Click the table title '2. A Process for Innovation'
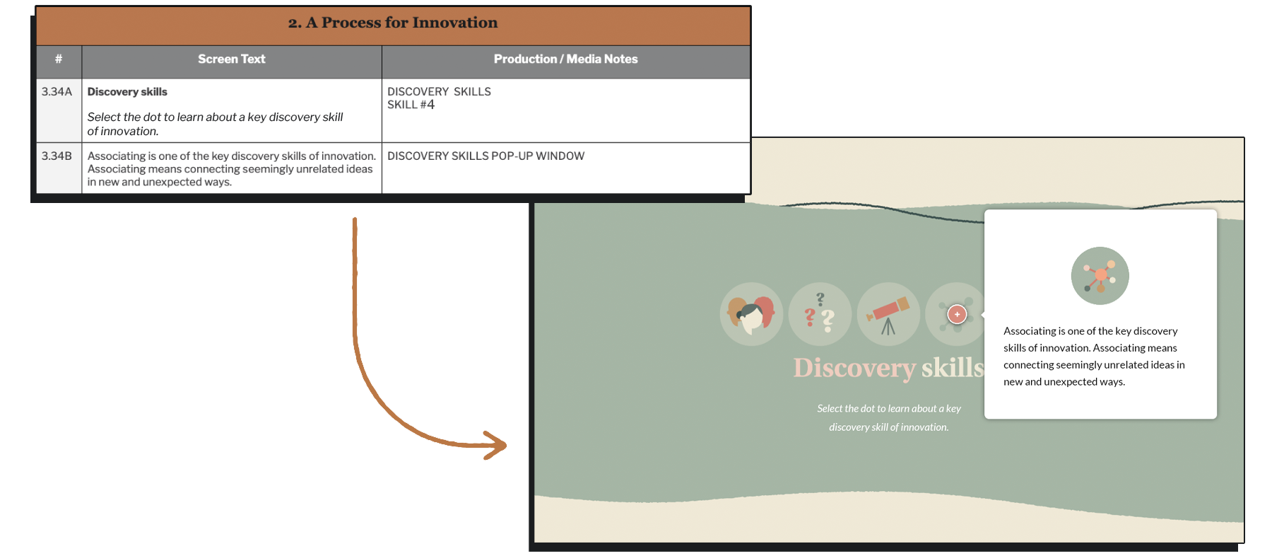point(393,23)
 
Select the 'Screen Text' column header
point(232,59)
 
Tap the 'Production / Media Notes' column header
point(565,59)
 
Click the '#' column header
point(59,59)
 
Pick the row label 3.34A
point(57,92)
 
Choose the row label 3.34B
point(57,156)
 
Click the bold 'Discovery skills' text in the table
point(127,92)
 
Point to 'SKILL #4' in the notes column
point(411,105)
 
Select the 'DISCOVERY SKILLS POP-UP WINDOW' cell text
point(485,156)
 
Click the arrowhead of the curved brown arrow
point(496,445)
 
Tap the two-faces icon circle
point(752,314)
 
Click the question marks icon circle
point(820,314)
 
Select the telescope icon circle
point(888,314)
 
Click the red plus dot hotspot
point(957,314)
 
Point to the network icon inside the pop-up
point(1100,276)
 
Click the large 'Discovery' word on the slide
point(854,369)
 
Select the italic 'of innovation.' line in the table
point(123,132)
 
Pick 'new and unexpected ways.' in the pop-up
point(1064,382)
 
